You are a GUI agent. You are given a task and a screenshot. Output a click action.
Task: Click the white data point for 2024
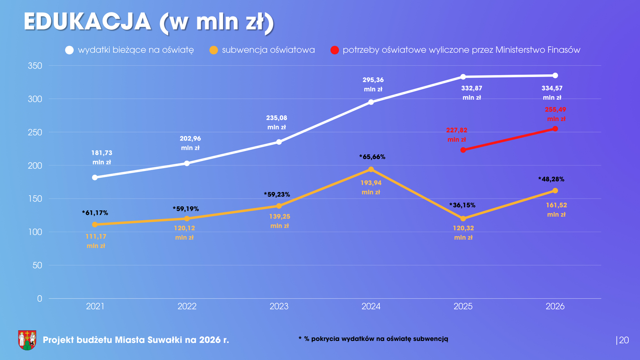(x=371, y=102)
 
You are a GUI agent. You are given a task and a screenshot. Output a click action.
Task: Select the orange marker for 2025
(x=463, y=219)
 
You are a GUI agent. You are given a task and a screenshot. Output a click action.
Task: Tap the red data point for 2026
(x=555, y=129)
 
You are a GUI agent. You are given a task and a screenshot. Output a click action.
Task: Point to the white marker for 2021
(x=95, y=178)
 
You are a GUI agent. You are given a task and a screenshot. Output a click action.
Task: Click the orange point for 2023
(x=279, y=206)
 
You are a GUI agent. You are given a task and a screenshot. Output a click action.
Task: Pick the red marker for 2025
(x=463, y=150)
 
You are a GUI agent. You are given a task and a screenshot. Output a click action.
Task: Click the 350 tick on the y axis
(x=35, y=66)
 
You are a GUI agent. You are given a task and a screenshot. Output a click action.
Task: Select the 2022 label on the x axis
(x=187, y=306)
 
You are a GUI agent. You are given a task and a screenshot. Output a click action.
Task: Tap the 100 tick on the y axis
(x=35, y=232)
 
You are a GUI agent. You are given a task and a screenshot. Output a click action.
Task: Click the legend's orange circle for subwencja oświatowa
(x=214, y=50)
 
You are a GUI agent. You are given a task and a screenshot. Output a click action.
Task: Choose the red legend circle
(x=335, y=50)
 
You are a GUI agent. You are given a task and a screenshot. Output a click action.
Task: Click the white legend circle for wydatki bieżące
(x=69, y=50)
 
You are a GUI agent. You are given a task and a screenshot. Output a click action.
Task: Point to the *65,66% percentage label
(x=372, y=157)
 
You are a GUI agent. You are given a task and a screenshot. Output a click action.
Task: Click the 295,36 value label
(x=373, y=80)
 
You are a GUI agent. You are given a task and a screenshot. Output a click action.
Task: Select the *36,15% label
(x=462, y=205)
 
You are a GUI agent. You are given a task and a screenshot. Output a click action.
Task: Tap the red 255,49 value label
(x=556, y=110)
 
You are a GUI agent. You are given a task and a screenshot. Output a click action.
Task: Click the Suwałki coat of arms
(x=27, y=340)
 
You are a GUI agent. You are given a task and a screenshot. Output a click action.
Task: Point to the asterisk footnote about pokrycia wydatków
(x=373, y=339)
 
